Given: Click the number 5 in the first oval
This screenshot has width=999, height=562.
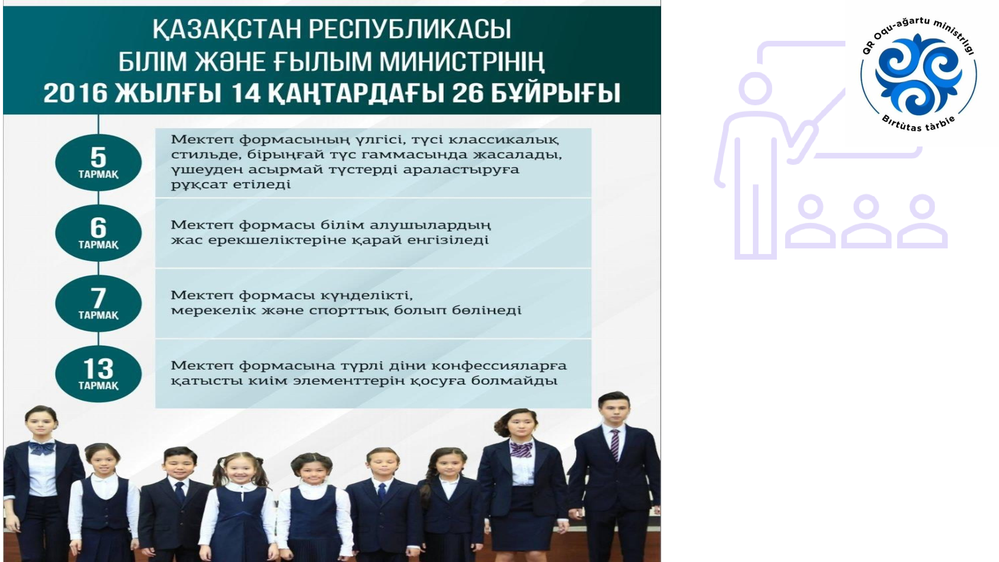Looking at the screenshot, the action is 98,157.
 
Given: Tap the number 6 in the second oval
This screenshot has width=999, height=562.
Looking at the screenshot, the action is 99,228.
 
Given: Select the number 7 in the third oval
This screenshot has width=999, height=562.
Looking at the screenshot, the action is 99,298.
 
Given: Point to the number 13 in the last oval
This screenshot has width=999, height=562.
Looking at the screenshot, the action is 99,368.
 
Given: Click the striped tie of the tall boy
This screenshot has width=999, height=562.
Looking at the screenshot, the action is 615,444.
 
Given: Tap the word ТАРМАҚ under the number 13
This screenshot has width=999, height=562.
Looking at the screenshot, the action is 99,386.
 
